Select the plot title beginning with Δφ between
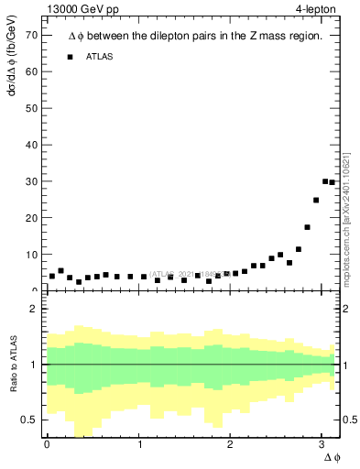tap(195, 36)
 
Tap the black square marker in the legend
tap(70, 57)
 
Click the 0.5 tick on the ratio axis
tap(27, 420)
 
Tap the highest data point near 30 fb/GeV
tap(325, 181)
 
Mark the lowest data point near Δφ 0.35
tap(79, 282)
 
